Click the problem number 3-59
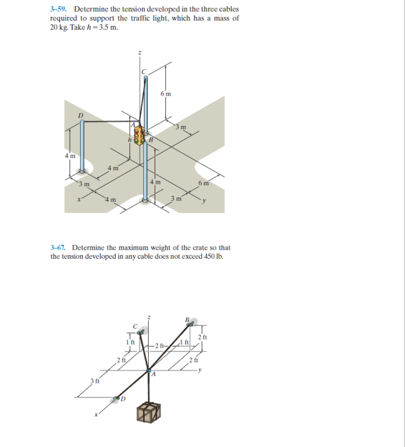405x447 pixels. [59, 9]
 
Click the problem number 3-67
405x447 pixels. [59, 247]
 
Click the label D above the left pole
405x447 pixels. [80, 115]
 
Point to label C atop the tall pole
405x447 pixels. [144, 72]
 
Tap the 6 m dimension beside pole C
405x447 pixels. [166, 94]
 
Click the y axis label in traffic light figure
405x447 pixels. [204, 201]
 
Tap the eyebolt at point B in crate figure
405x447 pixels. [189, 325]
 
